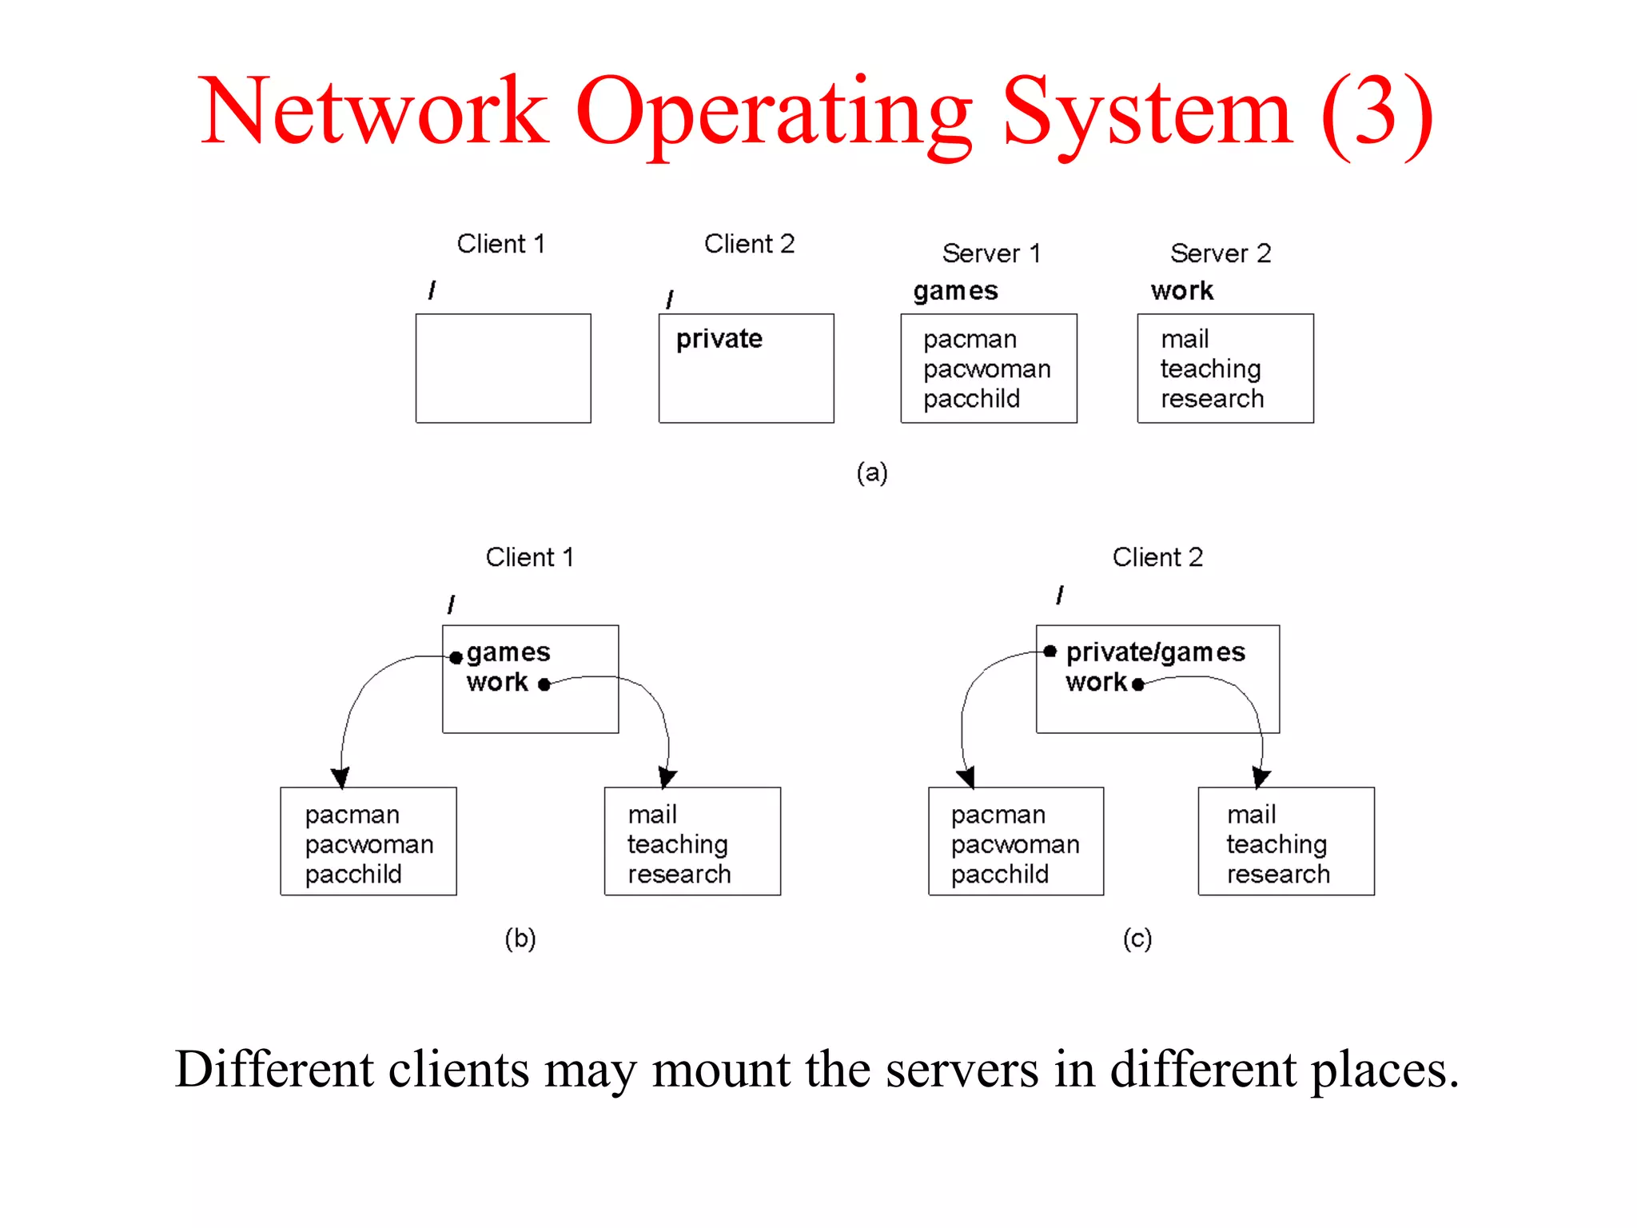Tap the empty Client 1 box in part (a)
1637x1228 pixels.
(503, 369)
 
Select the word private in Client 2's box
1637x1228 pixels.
(719, 339)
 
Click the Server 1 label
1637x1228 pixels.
(991, 253)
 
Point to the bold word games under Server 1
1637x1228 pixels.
(955, 291)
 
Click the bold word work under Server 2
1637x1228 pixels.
(1181, 291)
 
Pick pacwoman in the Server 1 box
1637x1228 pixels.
(986, 369)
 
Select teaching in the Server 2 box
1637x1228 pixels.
(1210, 369)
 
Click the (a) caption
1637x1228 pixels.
(871, 472)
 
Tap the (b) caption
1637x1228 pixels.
(520, 938)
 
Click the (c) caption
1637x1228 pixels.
(1137, 938)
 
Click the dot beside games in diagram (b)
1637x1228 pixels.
(456, 657)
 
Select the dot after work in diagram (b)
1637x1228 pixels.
(544, 684)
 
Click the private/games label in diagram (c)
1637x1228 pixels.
(1155, 652)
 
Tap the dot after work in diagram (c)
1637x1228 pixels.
(1137, 684)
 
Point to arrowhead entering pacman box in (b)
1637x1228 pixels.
(341, 777)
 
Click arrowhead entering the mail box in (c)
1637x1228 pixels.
(1261, 777)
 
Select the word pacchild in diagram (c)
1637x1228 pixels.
(999, 875)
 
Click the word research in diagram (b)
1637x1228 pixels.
(679, 875)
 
